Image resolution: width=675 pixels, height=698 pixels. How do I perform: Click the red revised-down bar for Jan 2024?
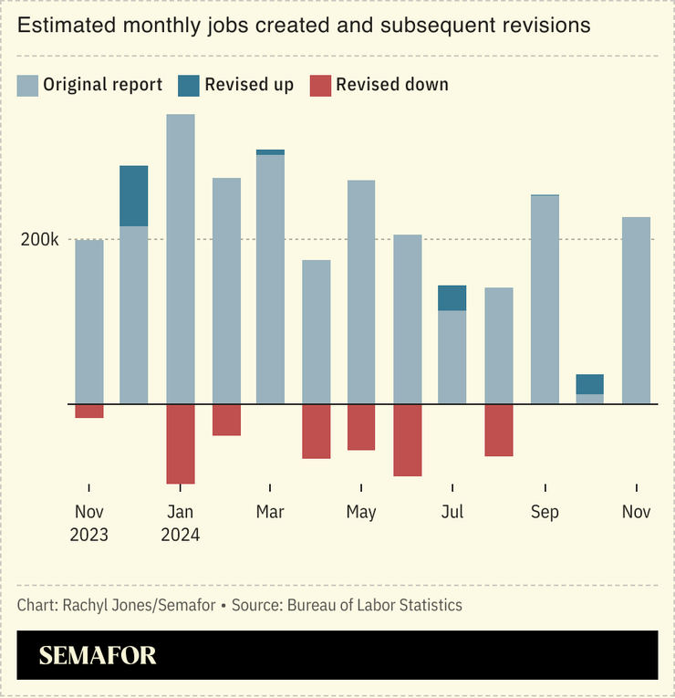coord(181,443)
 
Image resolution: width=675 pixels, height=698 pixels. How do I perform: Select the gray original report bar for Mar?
coord(270,278)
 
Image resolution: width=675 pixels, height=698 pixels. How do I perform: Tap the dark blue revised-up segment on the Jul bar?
coord(452,298)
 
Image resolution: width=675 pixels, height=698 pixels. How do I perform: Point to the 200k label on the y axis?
coord(41,240)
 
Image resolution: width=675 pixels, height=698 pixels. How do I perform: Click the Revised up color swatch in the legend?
coord(189,86)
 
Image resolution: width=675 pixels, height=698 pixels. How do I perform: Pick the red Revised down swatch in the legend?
coord(320,86)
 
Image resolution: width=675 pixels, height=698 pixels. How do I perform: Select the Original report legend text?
coord(102,85)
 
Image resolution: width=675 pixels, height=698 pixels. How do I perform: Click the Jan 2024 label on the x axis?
coord(181,523)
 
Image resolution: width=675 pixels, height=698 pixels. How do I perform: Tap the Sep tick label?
coord(545,512)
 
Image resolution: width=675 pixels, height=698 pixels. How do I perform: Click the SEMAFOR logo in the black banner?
coord(98,655)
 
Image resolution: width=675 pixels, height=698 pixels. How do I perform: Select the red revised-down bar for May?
coord(361,427)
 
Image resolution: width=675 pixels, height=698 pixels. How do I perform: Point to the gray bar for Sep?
coord(545,299)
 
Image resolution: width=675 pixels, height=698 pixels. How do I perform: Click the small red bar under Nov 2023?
coord(89,411)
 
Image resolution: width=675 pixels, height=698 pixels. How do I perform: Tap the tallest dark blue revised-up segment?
coord(134,196)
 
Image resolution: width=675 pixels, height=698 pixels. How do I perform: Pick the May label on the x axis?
coord(361,512)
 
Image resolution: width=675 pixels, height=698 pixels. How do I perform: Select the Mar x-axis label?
coord(270,512)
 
